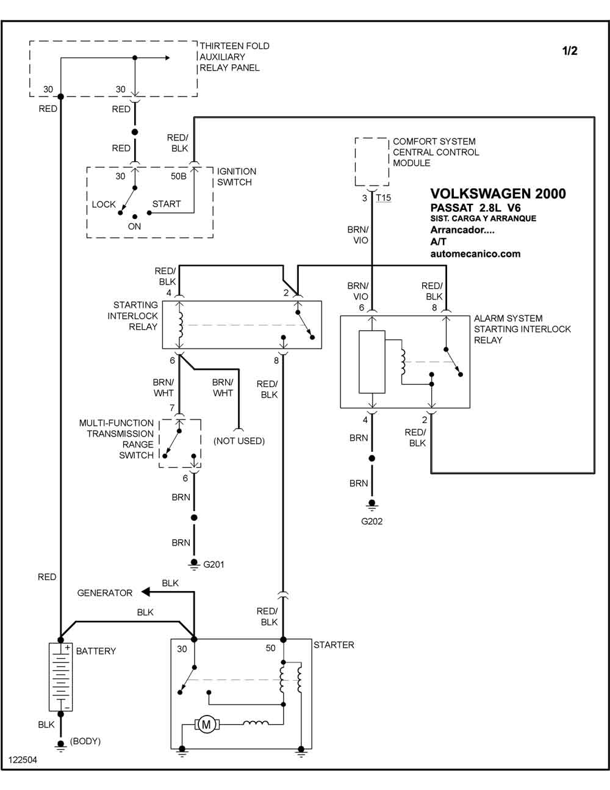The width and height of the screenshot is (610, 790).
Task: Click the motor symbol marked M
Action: tap(206, 724)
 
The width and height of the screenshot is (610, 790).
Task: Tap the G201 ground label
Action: tap(213, 564)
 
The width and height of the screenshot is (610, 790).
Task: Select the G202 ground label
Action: tap(371, 521)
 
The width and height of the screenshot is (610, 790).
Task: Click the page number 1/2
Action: tap(570, 51)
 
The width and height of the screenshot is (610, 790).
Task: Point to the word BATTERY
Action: tap(96, 651)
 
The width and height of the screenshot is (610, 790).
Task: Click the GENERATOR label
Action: tap(104, 593)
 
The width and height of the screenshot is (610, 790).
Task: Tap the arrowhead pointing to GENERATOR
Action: tap(145, 592)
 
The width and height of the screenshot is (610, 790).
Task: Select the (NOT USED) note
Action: tap(239, 441)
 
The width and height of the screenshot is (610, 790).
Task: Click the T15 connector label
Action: tap(384, 198)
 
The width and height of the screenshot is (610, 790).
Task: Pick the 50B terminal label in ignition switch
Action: tap(178, 176)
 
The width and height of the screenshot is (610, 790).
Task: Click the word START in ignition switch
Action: tap(167, 203)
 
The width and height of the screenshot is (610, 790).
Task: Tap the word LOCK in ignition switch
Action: tap(104, 204)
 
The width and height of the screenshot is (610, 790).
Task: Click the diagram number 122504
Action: tap(23, 759)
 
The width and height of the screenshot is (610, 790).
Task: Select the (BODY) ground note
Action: tap(85, 741)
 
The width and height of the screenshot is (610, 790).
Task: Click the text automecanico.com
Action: tap(475, 254)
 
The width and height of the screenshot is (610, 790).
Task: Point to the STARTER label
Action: tap(334, 645)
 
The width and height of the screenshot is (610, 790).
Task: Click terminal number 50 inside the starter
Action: tap(270, 648)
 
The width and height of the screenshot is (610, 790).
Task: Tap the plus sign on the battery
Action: tap(67, 648)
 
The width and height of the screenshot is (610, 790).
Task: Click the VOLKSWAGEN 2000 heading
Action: tap(498, 194)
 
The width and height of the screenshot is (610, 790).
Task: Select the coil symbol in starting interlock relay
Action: tap(181, 325)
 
